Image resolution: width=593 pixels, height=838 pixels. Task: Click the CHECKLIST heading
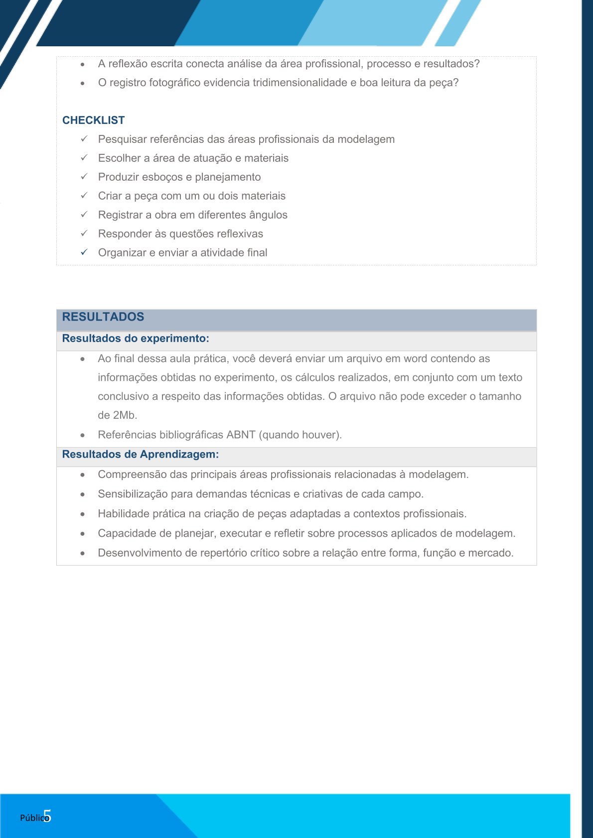[x=93, y=120]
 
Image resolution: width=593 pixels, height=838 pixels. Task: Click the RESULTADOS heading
[x=103, y=317]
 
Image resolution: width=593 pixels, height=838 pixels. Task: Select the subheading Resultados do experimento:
[x=135, y=339]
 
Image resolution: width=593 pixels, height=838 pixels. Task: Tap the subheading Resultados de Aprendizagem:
[x=140, y=454]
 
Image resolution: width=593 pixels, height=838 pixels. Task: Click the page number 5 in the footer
[x=47, y=816]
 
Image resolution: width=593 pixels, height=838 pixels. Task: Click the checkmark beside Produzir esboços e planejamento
[x=84, y=177]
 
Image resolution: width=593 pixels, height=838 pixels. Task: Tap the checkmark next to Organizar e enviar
[x=84, y=252]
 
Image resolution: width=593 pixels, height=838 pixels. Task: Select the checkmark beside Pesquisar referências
[x=84, y=139]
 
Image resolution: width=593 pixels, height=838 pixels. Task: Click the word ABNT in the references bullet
[x=241, y=435]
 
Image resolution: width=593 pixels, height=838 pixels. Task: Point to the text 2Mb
[x=125, y=415]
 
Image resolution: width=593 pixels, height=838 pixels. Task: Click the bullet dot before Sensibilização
[x=83, y=494]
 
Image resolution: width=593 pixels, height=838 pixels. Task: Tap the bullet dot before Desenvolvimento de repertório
[x=83, y=553]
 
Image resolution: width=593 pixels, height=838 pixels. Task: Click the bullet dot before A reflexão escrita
[x=83, y=64]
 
